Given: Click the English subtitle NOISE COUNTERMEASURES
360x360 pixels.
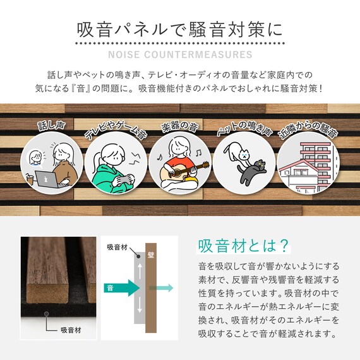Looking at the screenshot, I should pyautogui.click(x=180, y=54).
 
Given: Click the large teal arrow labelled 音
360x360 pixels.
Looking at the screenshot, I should pyautogui.click(x=124, y=289).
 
